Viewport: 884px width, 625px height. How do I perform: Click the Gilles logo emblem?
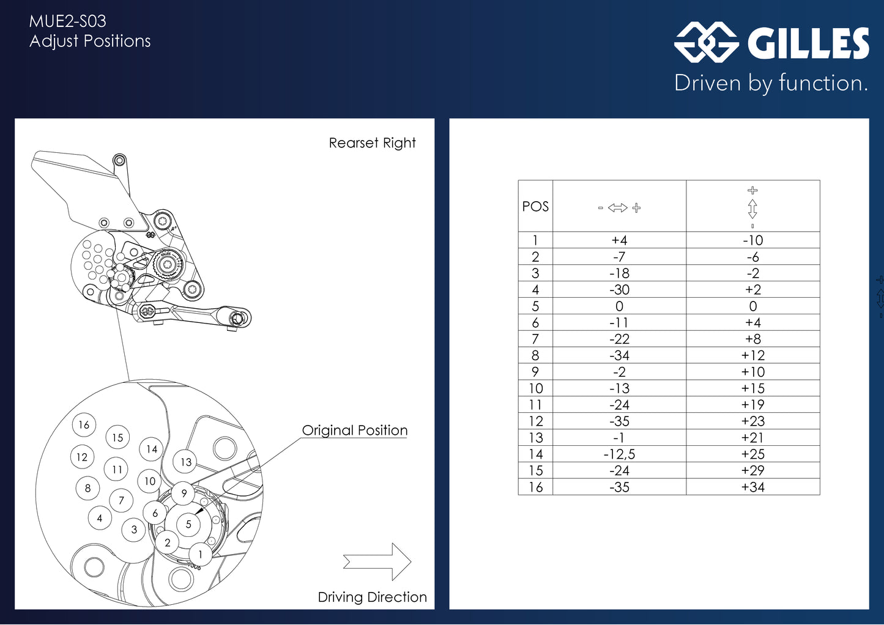coord(706,42)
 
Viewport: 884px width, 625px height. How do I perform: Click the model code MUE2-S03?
coord(68,21)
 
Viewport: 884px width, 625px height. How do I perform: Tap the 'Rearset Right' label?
coord(372,143)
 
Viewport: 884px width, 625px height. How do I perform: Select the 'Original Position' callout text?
coord(354,431)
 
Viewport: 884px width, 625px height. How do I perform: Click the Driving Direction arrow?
coord(378,561)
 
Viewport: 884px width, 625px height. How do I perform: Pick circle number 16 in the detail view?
coord(84,424)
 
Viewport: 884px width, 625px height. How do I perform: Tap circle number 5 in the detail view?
coord(188,524)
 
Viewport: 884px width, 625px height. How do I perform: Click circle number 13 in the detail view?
coord(186,462)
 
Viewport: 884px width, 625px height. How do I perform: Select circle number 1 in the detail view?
coord(200,555)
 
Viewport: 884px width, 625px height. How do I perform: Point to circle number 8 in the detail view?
coord(87,488)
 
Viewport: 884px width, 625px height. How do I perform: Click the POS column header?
coord(535,207)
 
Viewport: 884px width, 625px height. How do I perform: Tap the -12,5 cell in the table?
coord(619,454)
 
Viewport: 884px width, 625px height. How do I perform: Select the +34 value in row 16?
coord(752,487)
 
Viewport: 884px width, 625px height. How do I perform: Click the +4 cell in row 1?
coord(619,240)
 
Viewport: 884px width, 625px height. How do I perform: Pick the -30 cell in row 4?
coord(619,290)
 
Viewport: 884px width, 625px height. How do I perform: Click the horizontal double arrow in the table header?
coord(618,208)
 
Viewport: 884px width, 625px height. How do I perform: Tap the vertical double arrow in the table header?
coord(752,209)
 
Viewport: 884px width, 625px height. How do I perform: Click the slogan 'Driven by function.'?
coord(771,83)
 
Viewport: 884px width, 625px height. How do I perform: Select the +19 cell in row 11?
coord(752,405)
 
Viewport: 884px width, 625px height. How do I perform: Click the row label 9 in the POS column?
coord(535,372)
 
